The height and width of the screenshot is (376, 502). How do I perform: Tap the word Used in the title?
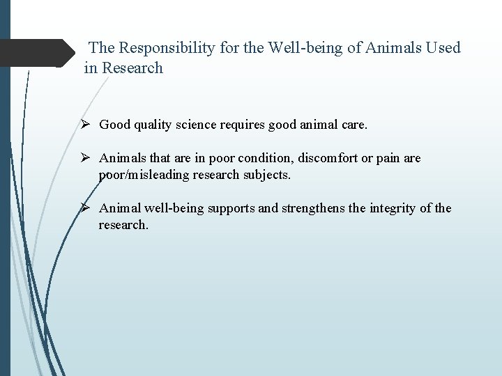[x=442, y=47]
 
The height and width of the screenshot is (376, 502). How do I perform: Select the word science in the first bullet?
[x=195, y=125]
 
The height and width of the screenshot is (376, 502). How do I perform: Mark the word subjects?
[x=268, y=175]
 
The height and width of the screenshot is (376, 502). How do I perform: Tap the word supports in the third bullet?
[x=231, y=208]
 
